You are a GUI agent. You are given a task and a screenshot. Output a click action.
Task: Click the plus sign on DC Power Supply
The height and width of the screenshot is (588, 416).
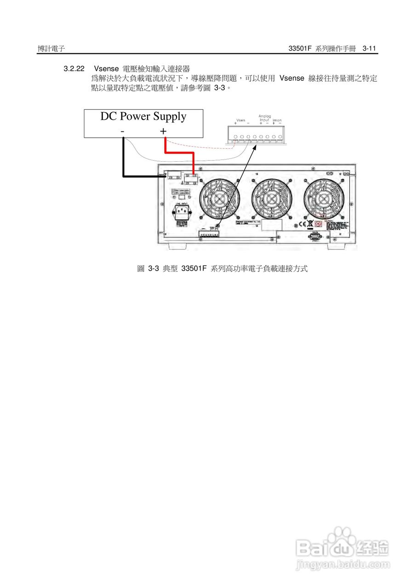(x=163, y=131)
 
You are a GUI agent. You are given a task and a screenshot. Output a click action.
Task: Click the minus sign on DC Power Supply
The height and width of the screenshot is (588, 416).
(x=122, y=132)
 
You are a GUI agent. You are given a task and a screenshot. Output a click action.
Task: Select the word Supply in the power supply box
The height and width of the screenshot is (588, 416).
(x=170, y=117)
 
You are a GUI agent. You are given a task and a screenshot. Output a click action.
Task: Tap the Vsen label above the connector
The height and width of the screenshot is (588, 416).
(x=241, y=120)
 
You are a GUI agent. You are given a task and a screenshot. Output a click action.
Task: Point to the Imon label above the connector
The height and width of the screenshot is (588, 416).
(x=277, y=120)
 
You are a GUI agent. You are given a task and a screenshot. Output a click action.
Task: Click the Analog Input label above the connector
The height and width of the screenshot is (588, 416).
(x=264, y=118)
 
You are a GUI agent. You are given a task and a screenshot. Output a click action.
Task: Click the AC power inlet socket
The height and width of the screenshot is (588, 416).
(x=181, y=213)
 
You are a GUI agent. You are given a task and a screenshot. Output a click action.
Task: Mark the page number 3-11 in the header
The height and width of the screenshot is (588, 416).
(x=369, y=48)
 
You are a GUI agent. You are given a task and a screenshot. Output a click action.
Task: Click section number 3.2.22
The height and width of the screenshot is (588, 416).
(x=74, y=69)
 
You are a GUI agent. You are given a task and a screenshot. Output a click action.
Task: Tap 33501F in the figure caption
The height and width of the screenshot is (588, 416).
(x=194, y=269)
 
